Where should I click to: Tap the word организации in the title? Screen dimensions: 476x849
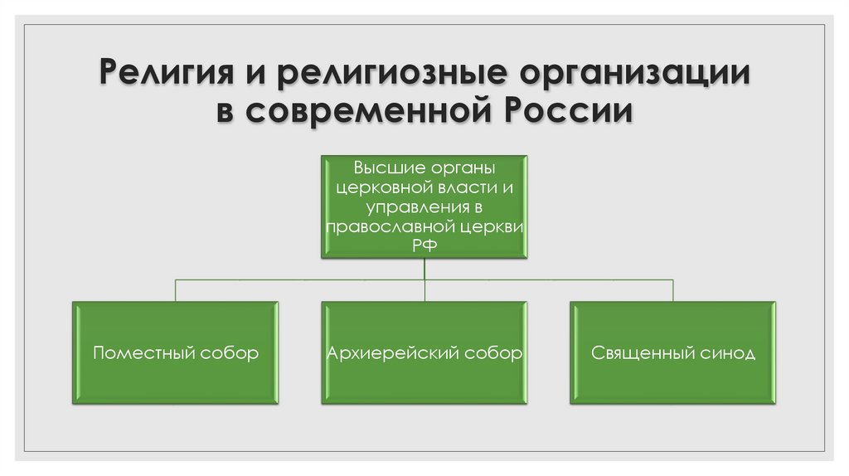pyautogui.click(x=635, y=73)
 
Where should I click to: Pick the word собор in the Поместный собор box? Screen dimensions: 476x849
pyautogui.click(x=230, y=353)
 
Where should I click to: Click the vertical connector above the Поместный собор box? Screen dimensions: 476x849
pyautogui.click(x=175, y=290)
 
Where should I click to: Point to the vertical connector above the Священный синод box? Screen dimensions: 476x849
pyautogui.click(x=673, y=290)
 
